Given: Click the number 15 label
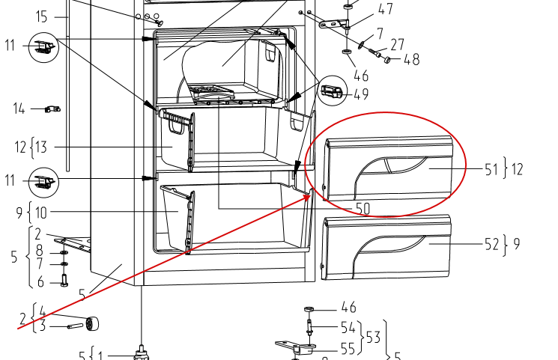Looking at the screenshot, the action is click(42, 16).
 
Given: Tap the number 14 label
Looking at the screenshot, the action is click(19, 109).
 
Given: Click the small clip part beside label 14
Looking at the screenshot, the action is click(52, 109).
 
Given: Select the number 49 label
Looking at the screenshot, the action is click(361, 94).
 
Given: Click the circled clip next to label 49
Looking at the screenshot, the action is click(332, 91).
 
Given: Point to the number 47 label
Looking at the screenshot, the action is click(386, 9).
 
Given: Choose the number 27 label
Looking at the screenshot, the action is click(398, 45).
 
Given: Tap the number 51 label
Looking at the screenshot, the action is click(491, 170).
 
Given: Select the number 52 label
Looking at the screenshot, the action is click(491, 245).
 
